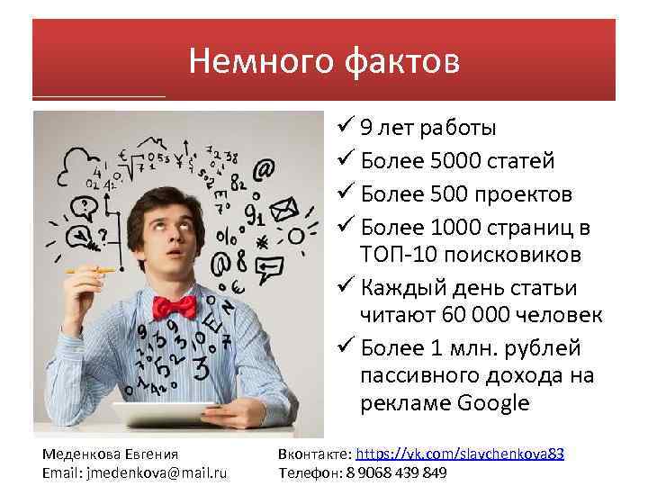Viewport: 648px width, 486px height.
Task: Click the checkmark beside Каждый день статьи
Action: (x=346, y=289)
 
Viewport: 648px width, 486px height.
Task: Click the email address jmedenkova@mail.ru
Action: (x=156, y=472)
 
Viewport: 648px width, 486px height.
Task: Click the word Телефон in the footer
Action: (x=307, y=472)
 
